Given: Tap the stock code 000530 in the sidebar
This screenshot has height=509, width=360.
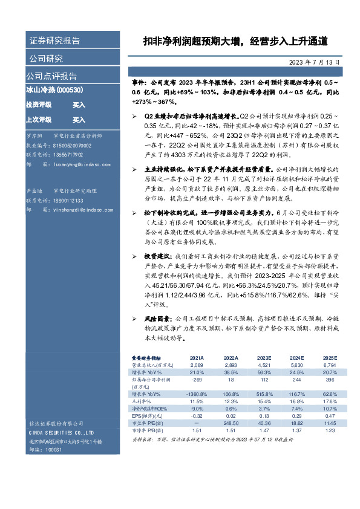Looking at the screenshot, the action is click(74, 90).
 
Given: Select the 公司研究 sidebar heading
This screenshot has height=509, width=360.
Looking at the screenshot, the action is click(45, 59).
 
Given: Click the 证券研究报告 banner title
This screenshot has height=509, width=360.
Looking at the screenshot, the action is click(54, 41).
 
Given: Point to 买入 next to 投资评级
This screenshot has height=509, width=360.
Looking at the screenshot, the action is click(79, 105).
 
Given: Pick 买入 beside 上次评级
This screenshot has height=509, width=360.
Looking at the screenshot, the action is click(79, 120).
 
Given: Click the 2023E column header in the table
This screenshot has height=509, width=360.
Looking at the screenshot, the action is click(263, 358).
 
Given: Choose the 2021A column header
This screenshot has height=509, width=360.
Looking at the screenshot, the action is click(197, 358).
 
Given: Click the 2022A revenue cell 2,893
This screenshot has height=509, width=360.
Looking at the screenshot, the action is click(230, 366).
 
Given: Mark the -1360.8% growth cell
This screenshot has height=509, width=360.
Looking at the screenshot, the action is click(196, 393).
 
